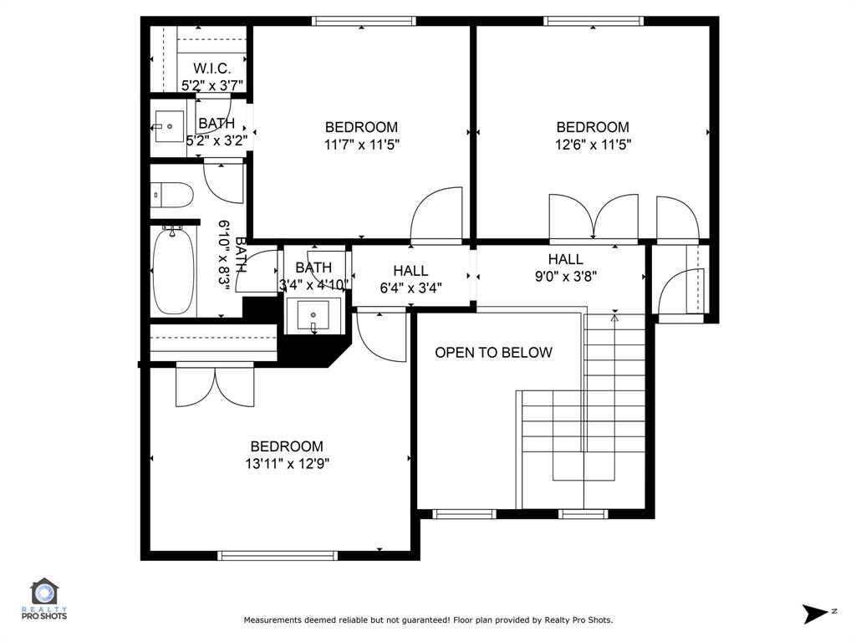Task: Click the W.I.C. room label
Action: [x=211, y=68]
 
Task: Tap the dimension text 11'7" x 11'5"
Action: [x=361, y=144]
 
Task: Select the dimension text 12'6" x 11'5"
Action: [x=593, y=144]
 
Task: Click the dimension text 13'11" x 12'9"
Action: [x=287, y=464]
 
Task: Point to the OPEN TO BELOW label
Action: [x=493, y=352]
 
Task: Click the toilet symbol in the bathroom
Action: [x=172, y=195]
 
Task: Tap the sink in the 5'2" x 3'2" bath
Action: [x=169, y=127]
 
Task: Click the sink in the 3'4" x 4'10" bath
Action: [x=313, y=315]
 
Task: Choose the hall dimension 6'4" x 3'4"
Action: [x=410, y=288]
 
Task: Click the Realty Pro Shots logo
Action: [x=43, y=599]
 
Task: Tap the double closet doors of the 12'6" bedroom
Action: [x=593, y=217]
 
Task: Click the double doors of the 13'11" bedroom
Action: [x=215, y=385]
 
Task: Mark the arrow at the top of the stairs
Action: [x=614, y=317]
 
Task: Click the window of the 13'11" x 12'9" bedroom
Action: [x=278, y=554]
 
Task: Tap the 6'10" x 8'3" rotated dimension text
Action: [x=224, y=254]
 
